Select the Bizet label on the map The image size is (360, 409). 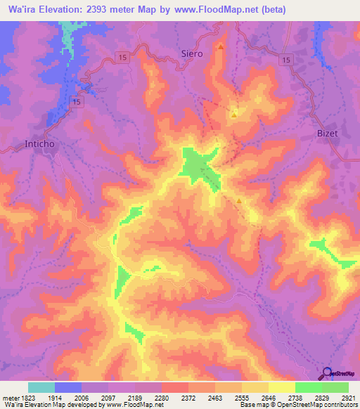(x=327, y=131)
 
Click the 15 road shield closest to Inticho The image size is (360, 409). (x=77, y=103)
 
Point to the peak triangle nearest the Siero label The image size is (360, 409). (x=221, y=47)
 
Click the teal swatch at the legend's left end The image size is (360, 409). (x=41, y=387)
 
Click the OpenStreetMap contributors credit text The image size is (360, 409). (x=321, y=405)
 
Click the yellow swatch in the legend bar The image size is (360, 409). (x=282, y=387)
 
